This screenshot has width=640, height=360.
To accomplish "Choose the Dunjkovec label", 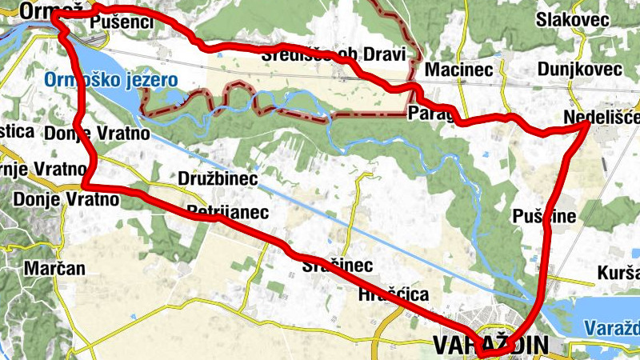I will coord(579,70).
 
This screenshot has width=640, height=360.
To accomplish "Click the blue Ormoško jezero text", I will coord(111,79).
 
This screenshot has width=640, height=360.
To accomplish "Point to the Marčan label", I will coord(54,268).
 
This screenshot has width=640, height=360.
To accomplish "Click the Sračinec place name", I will coord(337,265).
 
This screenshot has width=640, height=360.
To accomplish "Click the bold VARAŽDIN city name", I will coord(490,345).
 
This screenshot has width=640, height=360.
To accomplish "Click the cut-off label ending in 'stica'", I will coord(16,130).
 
